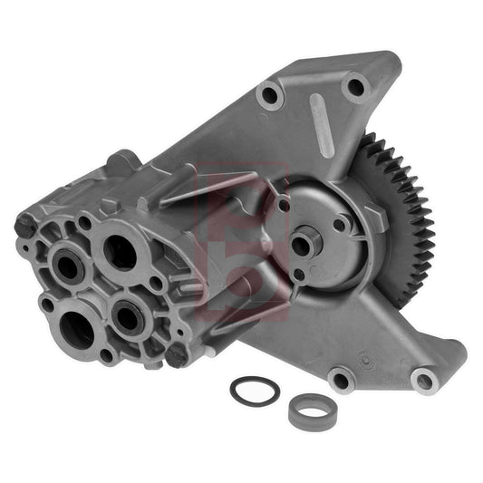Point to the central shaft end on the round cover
[302, 245]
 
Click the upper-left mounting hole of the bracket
[268, 94]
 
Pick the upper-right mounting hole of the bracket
[354, 86]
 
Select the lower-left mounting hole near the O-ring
[341, 378]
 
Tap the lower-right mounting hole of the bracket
[422, 380]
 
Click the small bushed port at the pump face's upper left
[68, 265]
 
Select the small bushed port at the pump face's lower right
[126, 316]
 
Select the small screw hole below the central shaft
[300, 275]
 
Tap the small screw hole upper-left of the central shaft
[284, 206]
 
